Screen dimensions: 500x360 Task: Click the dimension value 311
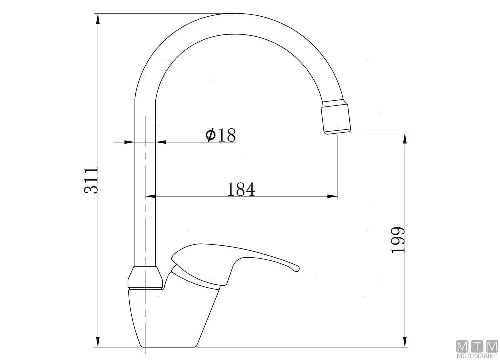click(x=91, y=180)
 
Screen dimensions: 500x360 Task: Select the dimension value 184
click(x=241, y=189)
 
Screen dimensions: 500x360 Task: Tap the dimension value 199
click(x=398, y=240)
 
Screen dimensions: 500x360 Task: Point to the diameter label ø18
click(x=221, y=135)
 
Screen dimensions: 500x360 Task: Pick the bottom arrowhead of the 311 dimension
click(x=98, y=348)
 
